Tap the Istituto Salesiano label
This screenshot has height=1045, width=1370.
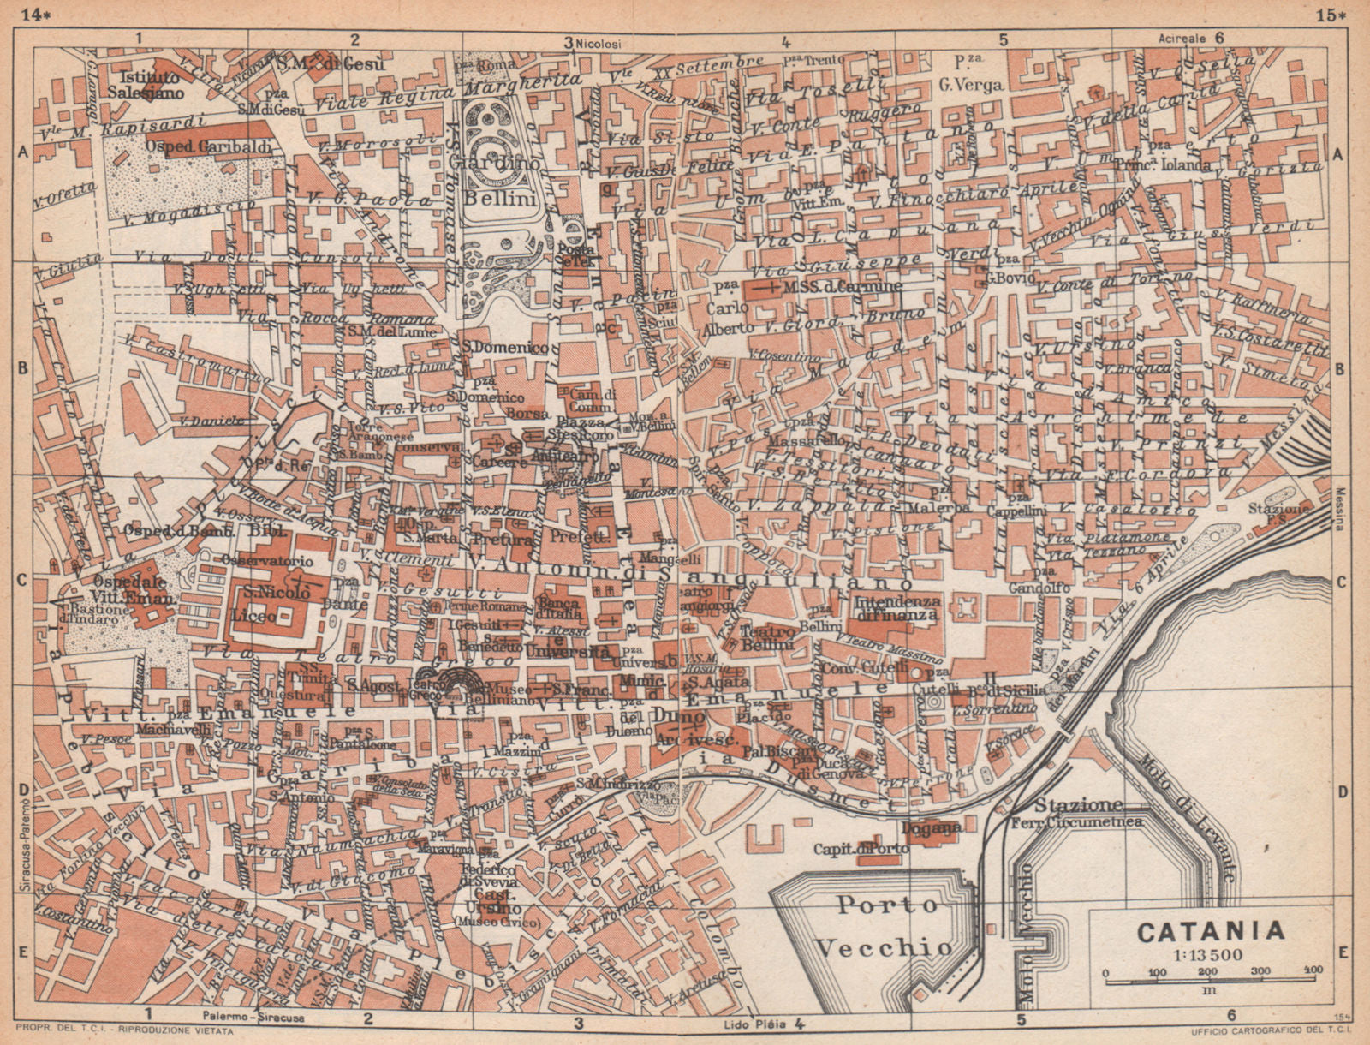[x=146, y=80]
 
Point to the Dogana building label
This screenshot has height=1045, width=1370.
[x=931, y=828]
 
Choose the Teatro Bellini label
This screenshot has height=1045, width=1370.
[x=767, y=636]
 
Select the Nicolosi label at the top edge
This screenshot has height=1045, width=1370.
[x=599, y=19]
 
